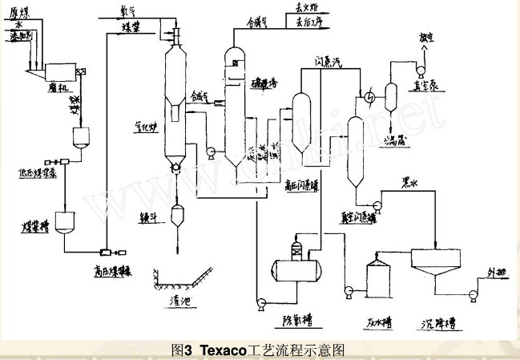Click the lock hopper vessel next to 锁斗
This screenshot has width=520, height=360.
[176, 214]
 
